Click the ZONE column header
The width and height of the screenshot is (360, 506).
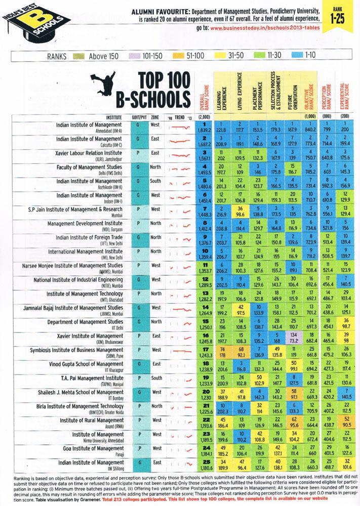(155, 116)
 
